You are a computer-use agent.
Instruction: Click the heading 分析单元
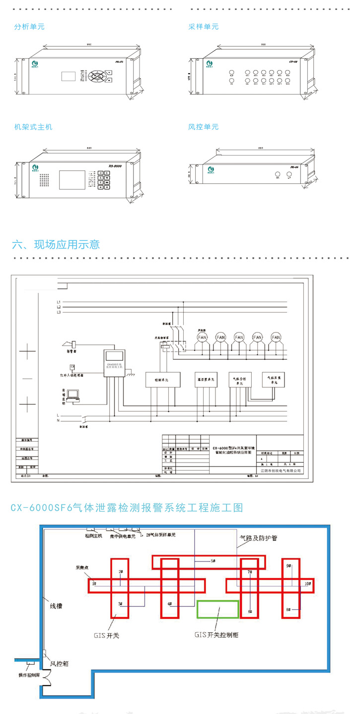click(x=29, y=27)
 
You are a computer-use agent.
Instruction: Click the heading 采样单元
click(x=204, y=27)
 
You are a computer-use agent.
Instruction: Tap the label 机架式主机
click(x=33, y=127)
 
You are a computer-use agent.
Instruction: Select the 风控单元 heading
click(x=204, y=127)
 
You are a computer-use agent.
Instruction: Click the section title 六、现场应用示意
click(x=56, y=244)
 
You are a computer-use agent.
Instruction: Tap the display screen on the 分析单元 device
click(x=68, y=76)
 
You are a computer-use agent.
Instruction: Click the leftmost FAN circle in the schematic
click(x=202, y=337)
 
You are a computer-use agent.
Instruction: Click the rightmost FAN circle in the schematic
click(x=276, y=337)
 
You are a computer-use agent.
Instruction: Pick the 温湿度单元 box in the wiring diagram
click(x=205, y=379)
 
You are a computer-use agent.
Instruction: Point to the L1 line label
click(x=59, y=302)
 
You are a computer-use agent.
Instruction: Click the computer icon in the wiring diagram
click(x=73, y=395)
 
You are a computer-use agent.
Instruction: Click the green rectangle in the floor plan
click(x=218, y=609)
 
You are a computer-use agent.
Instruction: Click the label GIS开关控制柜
click(x=216, y=635)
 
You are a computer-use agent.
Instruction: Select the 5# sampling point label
click(x=213, y=560)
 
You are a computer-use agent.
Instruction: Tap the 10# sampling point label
click(x=307, y=583)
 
